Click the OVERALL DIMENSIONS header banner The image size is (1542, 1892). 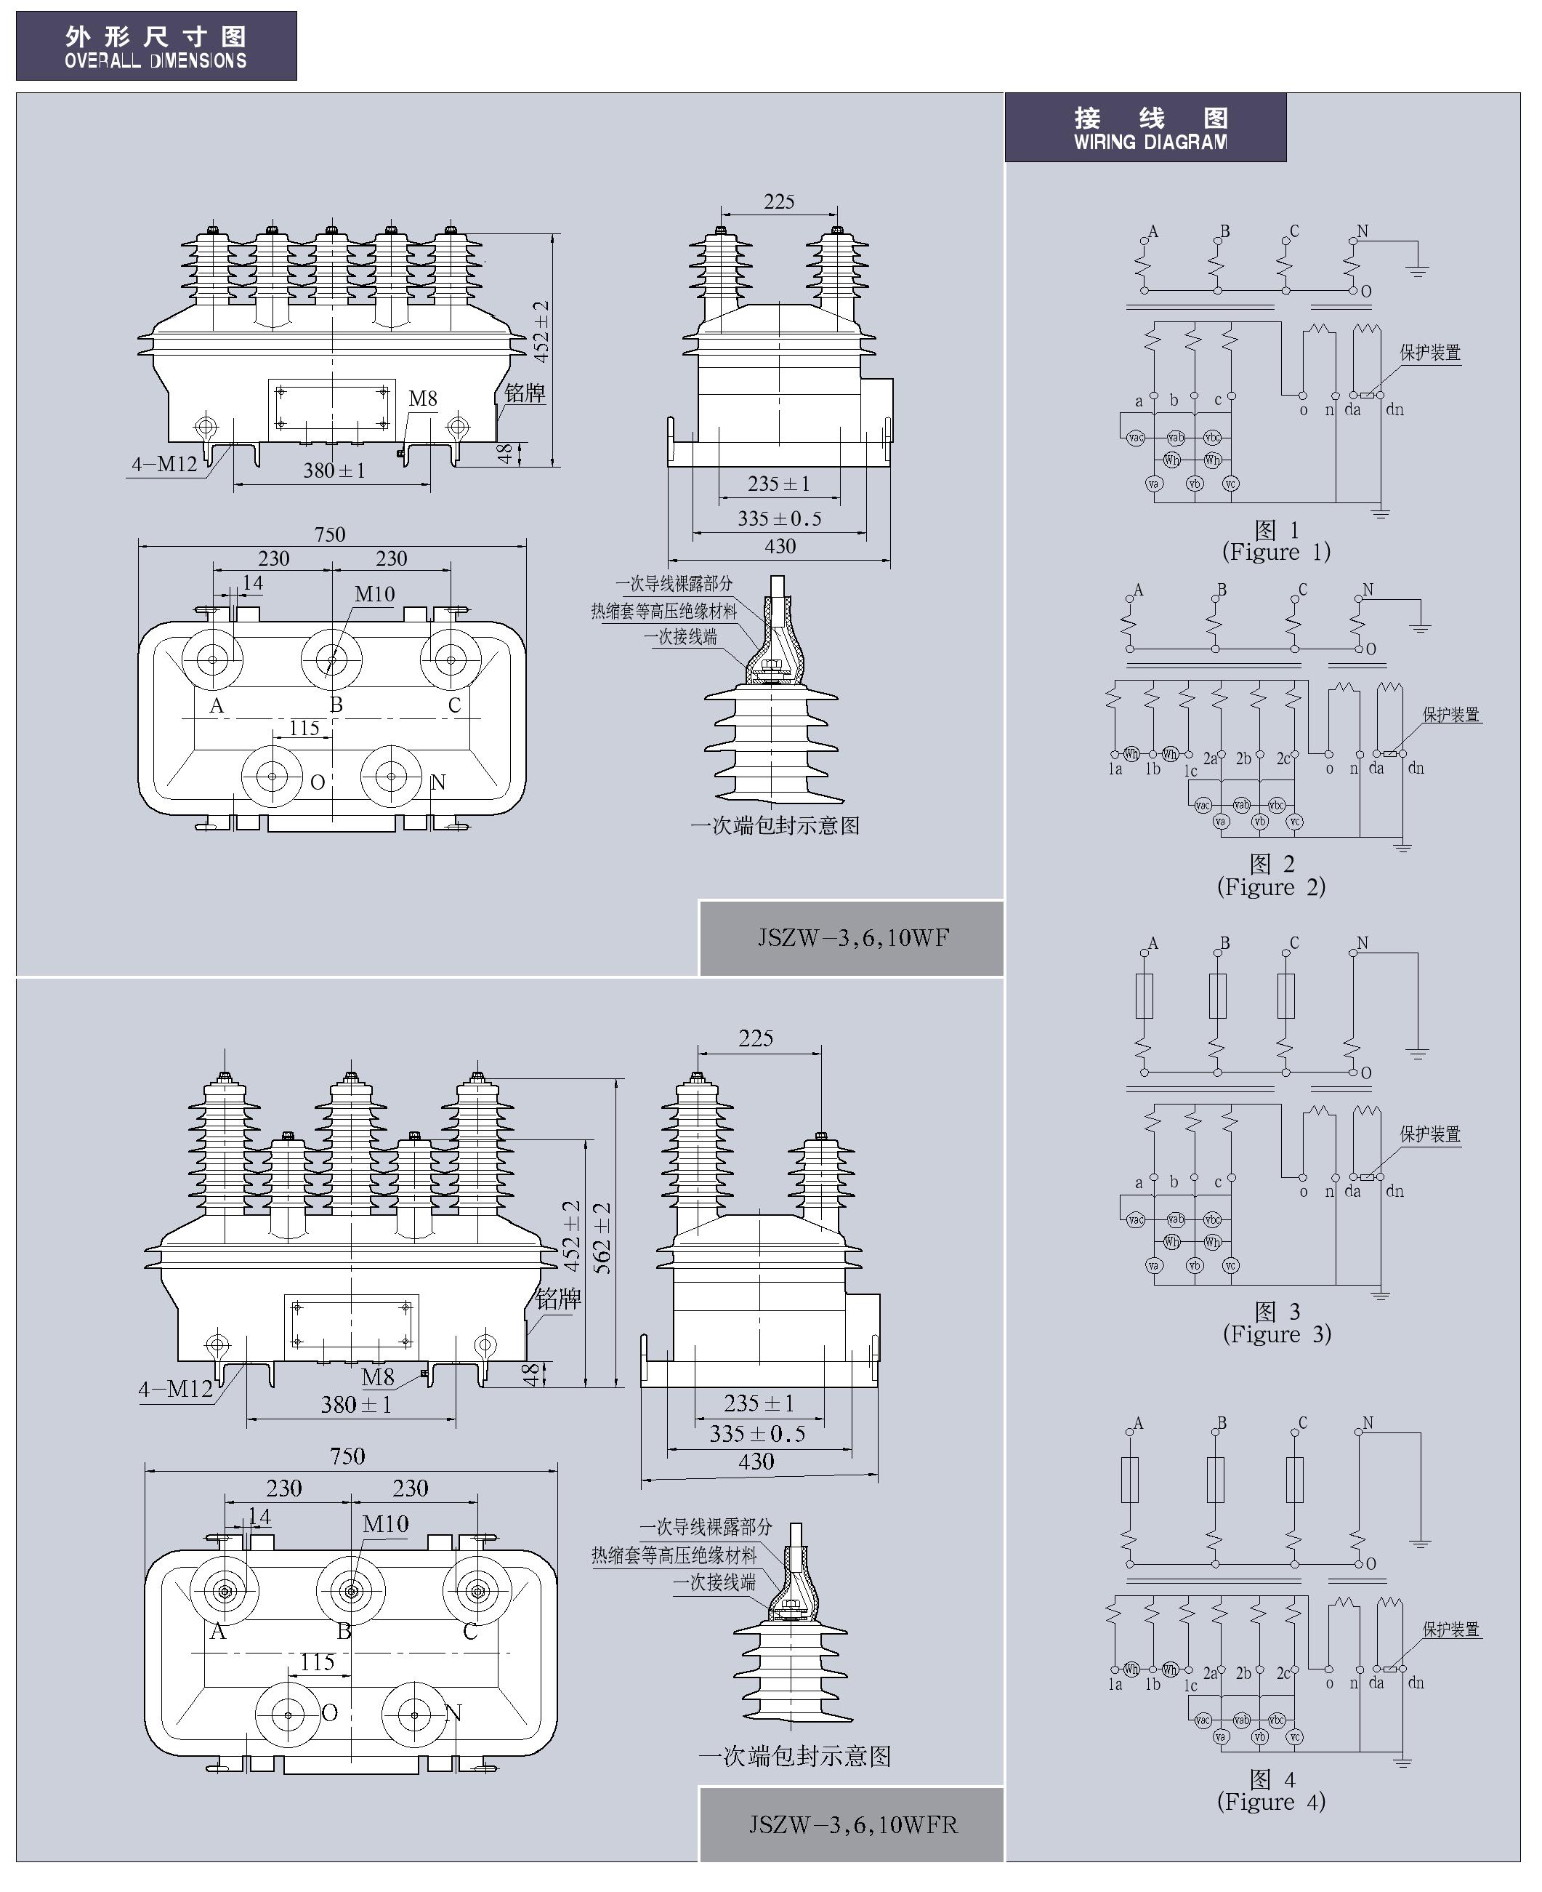[x=156, y=47]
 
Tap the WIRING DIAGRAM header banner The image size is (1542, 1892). [x=1145, y=128]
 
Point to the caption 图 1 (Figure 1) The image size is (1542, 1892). [x=1277, y=541]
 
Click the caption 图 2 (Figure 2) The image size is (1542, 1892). [x=1271, y=875]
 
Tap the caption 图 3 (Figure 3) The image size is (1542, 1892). [x=1277, y=1323]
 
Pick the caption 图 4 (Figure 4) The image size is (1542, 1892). [x=1271, y=1791]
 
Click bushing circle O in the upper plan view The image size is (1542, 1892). [x=273, y=776]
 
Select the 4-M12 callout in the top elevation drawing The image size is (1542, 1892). [x=164, y=463]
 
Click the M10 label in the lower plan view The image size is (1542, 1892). [x=385, y=1524]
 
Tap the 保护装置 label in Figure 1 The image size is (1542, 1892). [x=1429, y=353]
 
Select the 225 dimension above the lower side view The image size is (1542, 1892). [x=756, y=1038]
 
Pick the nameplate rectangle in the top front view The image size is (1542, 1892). [x=331, y=409]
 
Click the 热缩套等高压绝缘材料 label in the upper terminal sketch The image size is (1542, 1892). [x=663, y=612]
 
